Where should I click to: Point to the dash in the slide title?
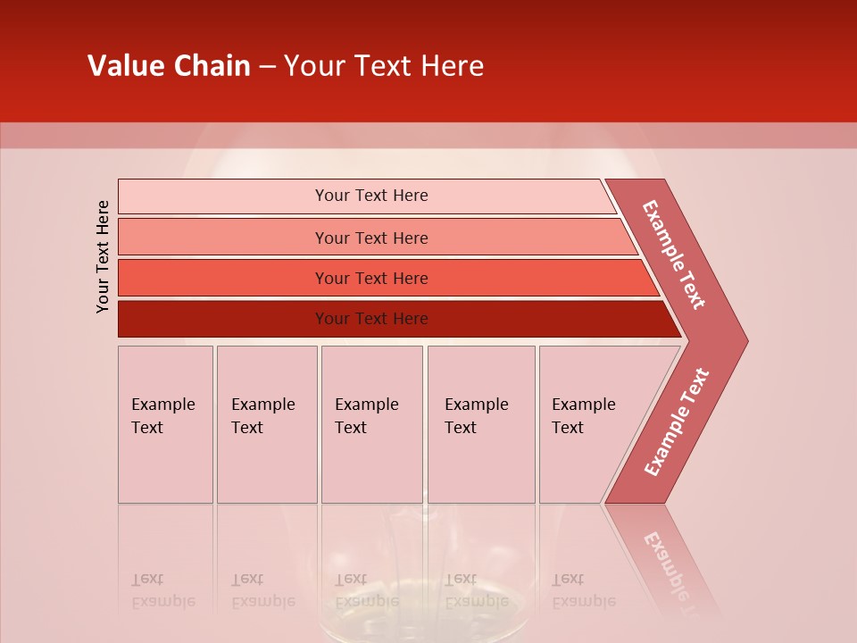tap(267, 67)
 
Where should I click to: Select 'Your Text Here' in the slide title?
tap(384, 66)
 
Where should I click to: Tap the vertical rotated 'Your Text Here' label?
tap(103, 256)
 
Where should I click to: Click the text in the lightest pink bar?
tap(371, 196)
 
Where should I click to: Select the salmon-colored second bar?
tap(371, 238)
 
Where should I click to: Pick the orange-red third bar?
tap(371, 278)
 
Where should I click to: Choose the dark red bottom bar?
tap(371, 319)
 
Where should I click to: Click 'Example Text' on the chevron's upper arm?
tap(674, 255)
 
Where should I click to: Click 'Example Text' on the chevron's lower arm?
tap(677, 422)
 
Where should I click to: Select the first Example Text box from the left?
tap(165, 424)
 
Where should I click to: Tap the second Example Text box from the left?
tap(266, 424)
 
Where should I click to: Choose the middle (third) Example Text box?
tap(371, 424)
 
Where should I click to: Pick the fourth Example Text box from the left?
tap(480, 424)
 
